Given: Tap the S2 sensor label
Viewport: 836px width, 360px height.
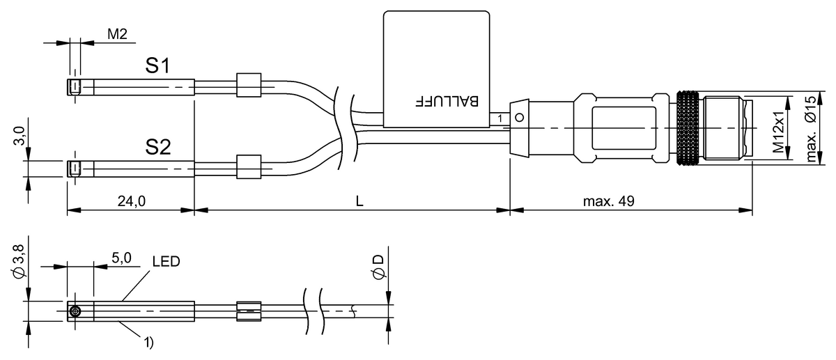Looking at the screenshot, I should coord(158,147).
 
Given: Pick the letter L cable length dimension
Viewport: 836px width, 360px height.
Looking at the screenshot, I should coord(359,201).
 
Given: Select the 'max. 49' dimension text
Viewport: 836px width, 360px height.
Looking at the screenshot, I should coord(608,201).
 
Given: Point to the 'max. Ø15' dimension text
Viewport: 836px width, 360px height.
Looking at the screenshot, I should coord(810,129).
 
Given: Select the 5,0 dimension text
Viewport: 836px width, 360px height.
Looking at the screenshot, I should coord(121,258).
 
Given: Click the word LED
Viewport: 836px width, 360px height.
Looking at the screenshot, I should coord(166,262).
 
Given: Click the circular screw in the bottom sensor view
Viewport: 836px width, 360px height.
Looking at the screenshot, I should coord(75,311).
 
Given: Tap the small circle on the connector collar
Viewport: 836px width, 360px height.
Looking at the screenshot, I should coord(518,118).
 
